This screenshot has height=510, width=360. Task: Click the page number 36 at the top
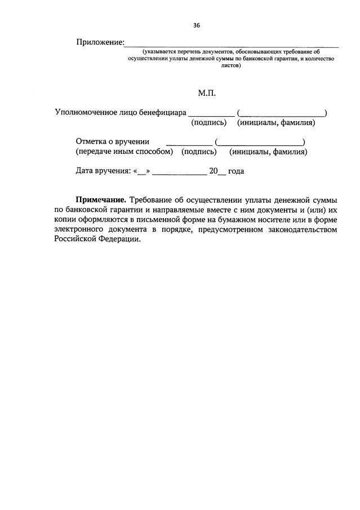(197, 25)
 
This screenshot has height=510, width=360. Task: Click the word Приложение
(100, 43)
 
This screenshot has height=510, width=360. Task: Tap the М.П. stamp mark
(206, 93)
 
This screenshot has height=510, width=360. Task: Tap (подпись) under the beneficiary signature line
(209, 122)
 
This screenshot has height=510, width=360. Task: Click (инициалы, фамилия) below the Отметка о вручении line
(268, 152)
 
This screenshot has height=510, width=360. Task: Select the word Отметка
(92, 141)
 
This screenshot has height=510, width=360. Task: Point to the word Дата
(85, 171)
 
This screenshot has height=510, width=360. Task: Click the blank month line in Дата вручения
(180, 172)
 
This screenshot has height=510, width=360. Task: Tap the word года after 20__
(236, 171)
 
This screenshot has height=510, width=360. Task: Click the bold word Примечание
(101, 200)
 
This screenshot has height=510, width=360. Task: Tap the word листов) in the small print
(231, 65)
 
